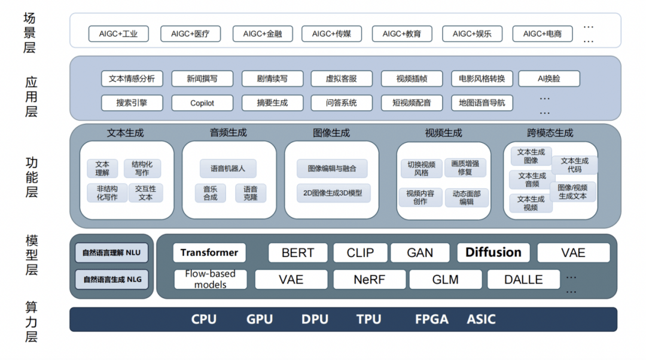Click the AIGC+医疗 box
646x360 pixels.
tap(191, 34)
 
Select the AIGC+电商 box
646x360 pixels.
tap(542, 34)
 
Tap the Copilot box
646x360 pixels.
tap(202, 103)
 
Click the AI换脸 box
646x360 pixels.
tap(549, 78)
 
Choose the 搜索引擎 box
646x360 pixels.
tap(132, 103)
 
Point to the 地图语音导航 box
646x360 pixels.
tap(482, 103)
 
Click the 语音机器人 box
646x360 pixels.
tap(228, 169)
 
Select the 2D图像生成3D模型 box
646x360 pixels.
tap(333, 193)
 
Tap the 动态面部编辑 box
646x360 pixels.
tap(467, 198)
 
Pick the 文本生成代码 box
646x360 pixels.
tap(574, 165)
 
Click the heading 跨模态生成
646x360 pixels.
tap(550, 133)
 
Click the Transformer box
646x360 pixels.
tap(209, 252)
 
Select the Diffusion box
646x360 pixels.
tap(493, 252)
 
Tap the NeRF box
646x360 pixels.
tap(369, 279)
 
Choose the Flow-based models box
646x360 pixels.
tap(210, 279)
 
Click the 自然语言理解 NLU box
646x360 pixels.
tap(112, 253)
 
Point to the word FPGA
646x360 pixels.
tap(431, 319)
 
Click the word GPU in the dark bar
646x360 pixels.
tap(260, 319)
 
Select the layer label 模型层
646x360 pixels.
tap(31, 255)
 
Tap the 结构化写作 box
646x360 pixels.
tap(142, 169)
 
